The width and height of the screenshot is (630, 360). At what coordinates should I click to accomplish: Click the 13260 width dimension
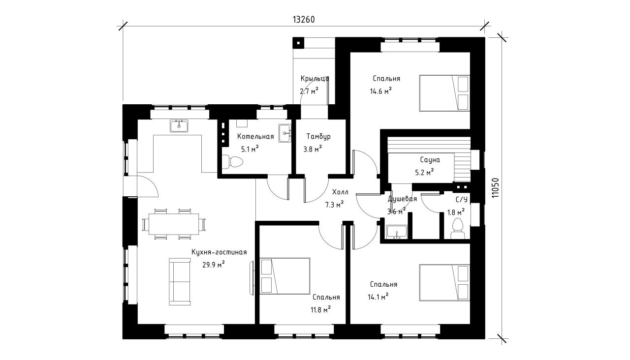(x=304, y=19)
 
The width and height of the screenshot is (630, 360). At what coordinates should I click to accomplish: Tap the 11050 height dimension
(x=495, y=188)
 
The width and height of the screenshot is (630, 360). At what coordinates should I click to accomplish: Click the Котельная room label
(x=255, y=137)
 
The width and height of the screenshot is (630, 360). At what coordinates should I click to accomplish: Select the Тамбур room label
(x=318, y=137)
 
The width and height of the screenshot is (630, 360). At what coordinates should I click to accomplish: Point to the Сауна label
(x=430, y=160)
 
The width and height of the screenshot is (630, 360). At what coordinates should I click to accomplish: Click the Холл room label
(x=340, y=192)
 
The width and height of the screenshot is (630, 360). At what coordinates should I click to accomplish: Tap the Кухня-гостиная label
(x=219, y=252)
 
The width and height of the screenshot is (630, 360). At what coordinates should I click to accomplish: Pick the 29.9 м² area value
(x=214, y=265)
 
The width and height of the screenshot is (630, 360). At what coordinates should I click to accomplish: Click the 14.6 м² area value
(x=381, y=91)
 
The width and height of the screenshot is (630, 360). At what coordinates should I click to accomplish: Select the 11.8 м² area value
(x=320, y=310)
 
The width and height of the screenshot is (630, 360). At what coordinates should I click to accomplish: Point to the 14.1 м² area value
(x=378, y=297)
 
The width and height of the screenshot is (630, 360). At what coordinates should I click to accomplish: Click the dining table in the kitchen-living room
(x=174, y=224)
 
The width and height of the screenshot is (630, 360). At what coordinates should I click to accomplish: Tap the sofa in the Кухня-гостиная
(x=180, y=282)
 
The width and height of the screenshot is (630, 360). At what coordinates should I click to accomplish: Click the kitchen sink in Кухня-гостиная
(x=179, y=126)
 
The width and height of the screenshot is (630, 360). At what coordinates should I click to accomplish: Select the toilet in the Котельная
(x=232, y=162)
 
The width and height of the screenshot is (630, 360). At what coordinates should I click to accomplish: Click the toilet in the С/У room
(x=458, y=229)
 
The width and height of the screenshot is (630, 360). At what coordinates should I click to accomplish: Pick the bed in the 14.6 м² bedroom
(x=444, y=93)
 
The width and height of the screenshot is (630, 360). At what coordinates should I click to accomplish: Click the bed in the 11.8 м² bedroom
(x=285, y=276)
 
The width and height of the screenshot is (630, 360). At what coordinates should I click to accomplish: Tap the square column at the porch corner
(x=298, y=43)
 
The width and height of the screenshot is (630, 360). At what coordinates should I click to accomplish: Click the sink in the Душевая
(x=397, y=232)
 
